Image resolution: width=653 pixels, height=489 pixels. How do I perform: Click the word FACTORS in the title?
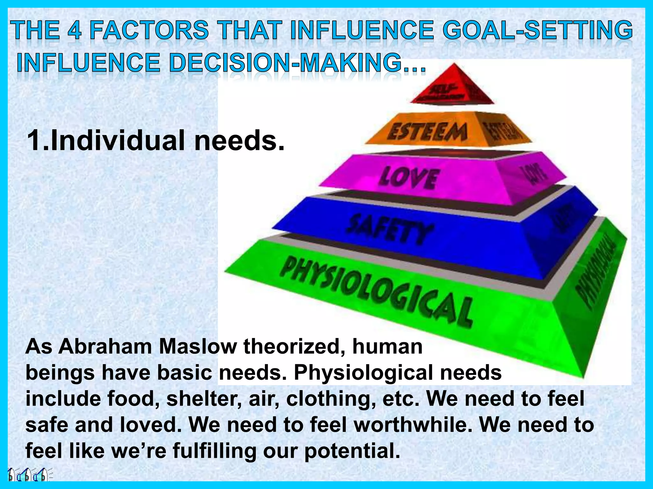tap(149, 31)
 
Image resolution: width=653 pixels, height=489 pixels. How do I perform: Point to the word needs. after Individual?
tap(239, 141)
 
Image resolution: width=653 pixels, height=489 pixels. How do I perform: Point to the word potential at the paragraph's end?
tap(352, 451)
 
